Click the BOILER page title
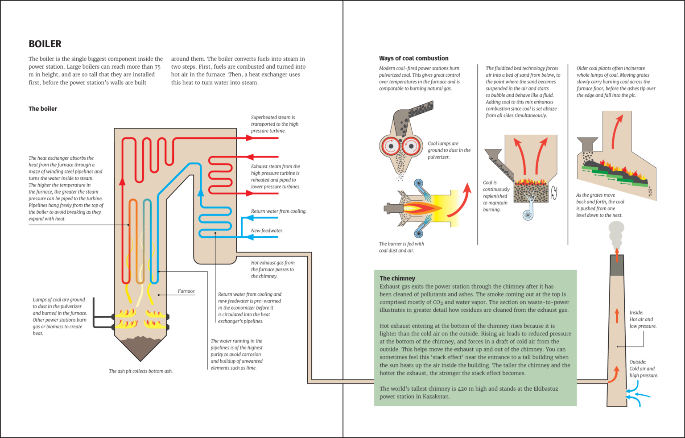tap(45, 44)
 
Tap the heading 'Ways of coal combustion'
tap(413, 58)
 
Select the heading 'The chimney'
tap(397, 278)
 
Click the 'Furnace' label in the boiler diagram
tap(186, 291)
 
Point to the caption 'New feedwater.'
tap(267, 231)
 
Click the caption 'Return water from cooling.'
tap(278, 211)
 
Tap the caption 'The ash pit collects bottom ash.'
tap(140, 371)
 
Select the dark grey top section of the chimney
tap(617, 265)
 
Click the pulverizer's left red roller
tap(391, 146)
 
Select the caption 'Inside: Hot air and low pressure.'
tap(643, 319)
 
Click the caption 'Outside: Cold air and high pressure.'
tap(644, 368)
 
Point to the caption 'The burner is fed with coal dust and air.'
tap(401, 247)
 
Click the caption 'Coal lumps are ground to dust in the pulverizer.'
tap(449, 150)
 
